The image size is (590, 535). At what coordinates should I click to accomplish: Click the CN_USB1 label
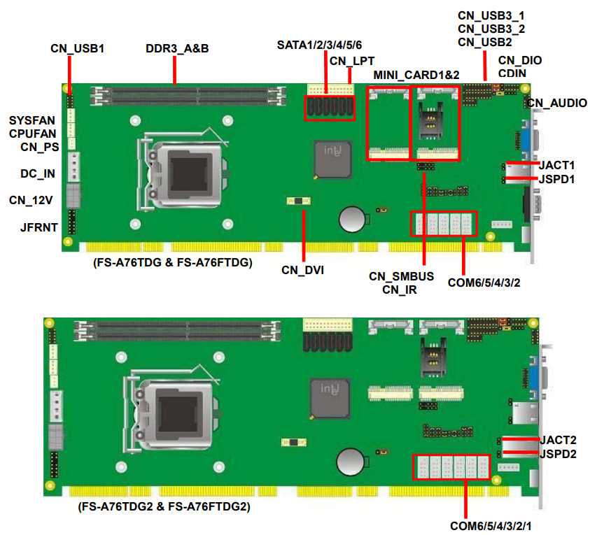pos(77,48)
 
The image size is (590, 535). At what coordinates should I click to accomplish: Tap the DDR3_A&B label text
pos(177,48)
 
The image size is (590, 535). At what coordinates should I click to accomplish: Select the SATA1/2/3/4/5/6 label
pos(319,45)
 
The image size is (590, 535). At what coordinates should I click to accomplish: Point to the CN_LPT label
pos(352,61)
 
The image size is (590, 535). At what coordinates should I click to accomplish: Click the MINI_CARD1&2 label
pos(416,75)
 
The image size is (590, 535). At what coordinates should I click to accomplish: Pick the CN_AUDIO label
pos(557,103)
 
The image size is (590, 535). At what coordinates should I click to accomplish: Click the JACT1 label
pos(556,165)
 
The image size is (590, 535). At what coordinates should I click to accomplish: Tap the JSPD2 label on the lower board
pos(558,454)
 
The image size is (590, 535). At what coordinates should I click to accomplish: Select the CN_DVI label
pos(302,270)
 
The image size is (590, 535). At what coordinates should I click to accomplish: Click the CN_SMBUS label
pos(401,276)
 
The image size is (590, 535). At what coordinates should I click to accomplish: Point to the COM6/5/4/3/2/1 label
pos(491,526)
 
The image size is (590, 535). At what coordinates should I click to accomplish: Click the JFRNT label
pos(39,227)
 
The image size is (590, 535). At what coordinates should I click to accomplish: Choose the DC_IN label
pos(38,173)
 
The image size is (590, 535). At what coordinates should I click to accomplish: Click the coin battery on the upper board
pos(353,219)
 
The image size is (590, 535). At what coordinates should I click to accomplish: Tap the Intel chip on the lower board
pos(330,398)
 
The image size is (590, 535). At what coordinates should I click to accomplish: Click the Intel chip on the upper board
pos(333,159)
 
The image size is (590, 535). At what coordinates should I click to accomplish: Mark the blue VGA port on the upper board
pos(526,141)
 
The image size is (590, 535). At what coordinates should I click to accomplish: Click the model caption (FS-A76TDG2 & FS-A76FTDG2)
pos(164,506)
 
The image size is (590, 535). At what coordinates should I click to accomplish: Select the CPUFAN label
pos(32,134)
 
